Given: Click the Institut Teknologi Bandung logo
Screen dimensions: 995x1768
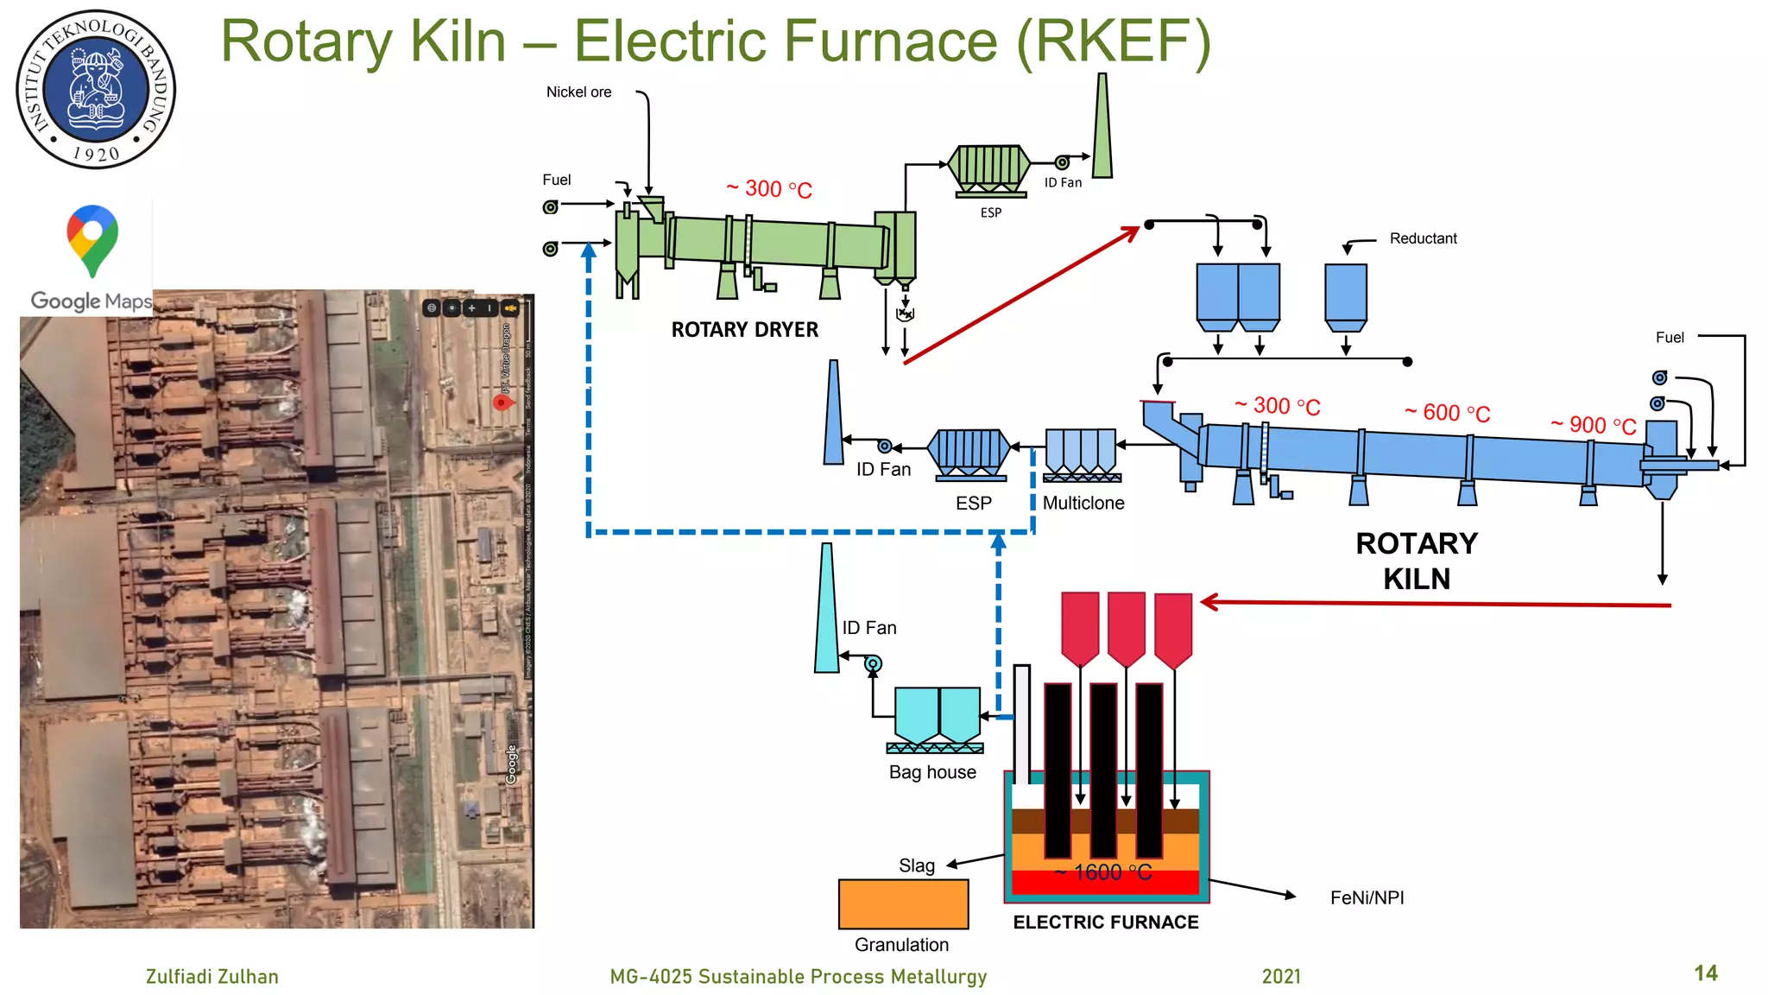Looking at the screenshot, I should coord(96,89).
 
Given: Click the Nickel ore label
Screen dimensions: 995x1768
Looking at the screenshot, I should coord(578,92).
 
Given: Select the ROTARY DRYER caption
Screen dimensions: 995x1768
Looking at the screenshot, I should coord(744,330).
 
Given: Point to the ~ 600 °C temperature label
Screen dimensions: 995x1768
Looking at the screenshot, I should coord(1447,413).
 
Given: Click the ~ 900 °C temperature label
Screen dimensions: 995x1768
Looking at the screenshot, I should coord(1593,425).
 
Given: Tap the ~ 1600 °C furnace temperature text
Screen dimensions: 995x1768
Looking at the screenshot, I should coord(1103,872).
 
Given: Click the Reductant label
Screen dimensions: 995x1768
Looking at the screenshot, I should coord(1423,238).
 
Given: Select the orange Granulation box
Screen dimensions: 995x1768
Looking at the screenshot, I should coord(903,904).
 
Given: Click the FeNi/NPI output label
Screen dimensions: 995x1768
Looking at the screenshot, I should coord(1367,898).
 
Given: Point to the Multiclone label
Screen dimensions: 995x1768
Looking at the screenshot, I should coord(1083,503).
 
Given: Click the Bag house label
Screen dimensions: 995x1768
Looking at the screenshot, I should coord(932,772).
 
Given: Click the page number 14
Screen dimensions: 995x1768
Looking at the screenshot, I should coord(1705,973).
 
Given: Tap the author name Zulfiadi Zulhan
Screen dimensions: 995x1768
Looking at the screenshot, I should coord(212,977).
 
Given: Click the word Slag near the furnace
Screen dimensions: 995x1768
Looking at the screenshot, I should coord(916,865).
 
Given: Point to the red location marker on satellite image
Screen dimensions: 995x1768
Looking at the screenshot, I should coord(501,402).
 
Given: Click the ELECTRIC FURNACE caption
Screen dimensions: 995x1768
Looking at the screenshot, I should coord(1105,922).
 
